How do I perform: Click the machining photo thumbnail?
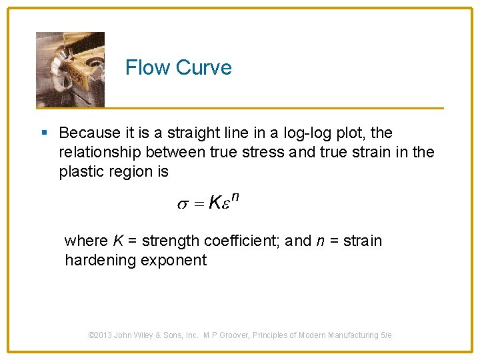[70, 69]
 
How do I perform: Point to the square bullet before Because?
[45, 133]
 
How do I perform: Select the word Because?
[89, 133]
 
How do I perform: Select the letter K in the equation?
[214, 203]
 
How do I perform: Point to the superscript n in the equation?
[235, 197]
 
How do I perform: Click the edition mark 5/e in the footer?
[386, 335]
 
